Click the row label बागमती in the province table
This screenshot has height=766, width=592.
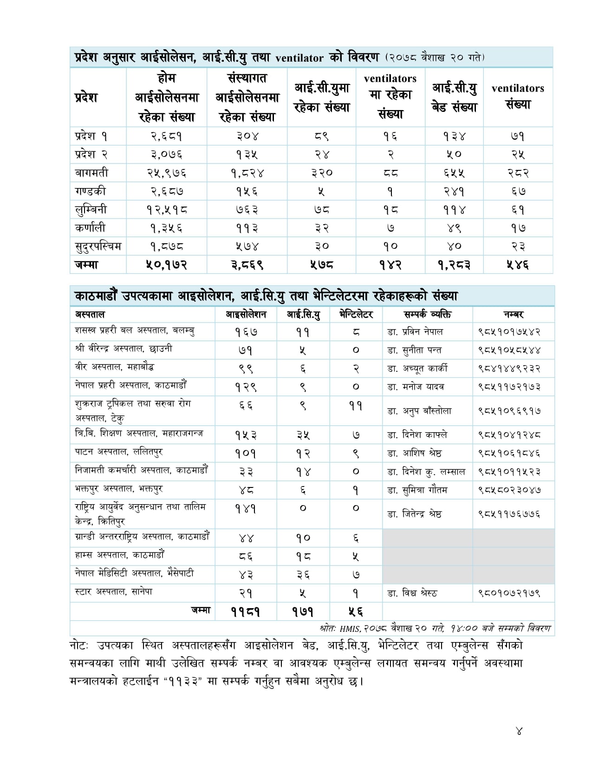(91, 173)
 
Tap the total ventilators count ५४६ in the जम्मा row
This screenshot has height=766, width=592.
(518, 265)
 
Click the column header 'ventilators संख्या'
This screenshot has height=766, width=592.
(518, 96)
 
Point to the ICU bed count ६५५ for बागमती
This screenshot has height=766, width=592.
(454, 173)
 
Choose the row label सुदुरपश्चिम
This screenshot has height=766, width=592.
(98, 246)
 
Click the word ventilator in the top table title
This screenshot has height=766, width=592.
(299, 58)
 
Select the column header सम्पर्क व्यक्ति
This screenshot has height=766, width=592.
(427, 314)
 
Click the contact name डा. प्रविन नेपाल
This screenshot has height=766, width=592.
(415, 331)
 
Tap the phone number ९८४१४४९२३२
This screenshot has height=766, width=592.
(509, 368)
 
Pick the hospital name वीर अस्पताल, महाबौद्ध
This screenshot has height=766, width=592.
(114, 367)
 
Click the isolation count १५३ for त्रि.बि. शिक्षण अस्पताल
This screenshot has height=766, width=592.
(246, 435)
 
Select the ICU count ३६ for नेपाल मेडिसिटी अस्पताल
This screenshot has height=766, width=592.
(303, 575)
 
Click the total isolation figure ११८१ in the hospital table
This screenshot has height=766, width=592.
(246, 612)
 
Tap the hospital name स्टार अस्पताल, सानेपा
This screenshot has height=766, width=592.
(113, 592)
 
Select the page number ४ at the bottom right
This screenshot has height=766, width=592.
(519, 731)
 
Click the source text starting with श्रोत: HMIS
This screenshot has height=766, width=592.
(435, 628)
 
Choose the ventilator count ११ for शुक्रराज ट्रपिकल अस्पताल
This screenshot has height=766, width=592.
(355, 406)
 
